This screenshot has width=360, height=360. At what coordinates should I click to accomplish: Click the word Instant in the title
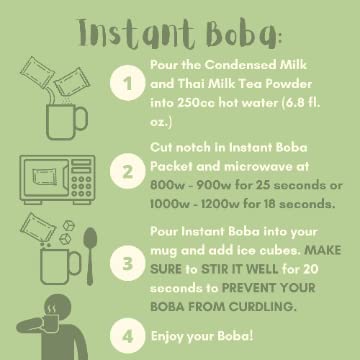(137, 34)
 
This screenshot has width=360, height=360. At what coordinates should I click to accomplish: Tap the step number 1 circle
(128, 83)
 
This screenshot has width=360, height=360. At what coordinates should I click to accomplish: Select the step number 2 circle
(128, 172)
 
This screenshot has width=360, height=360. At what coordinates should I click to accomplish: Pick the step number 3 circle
(128, 263)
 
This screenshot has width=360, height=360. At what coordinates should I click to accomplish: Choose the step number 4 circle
(128, 336)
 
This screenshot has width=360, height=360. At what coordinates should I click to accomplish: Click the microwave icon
(57, 180)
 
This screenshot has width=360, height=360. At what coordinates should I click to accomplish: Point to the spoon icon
(90, 256)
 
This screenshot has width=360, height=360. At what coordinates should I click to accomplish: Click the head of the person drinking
(56, 308)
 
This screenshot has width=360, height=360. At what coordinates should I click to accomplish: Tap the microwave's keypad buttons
(82, 186)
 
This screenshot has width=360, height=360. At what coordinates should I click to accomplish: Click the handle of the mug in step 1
(81, 119)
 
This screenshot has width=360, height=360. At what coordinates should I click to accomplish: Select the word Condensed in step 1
(240, 65)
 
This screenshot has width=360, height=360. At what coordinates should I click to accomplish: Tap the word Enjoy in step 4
(167, 337)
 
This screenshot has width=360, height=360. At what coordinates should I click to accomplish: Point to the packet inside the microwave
(45, 177)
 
